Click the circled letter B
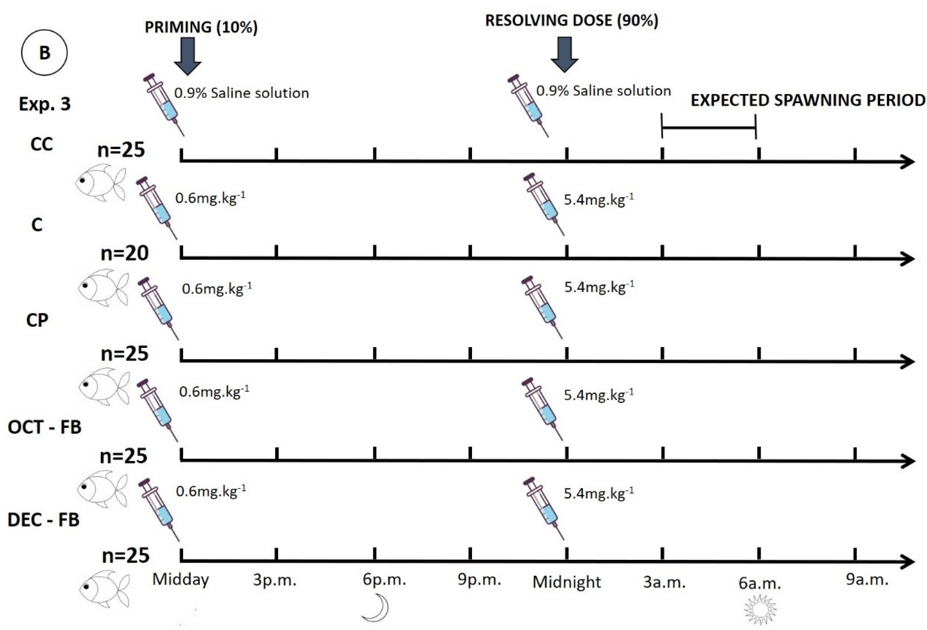tap(44, 52)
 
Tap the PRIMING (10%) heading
tap(201, 27)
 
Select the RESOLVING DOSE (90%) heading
tap(572, 20)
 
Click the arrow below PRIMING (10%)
tap(188, 56)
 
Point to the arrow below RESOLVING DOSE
tap(564, 54)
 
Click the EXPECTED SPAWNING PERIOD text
tap(808, 100)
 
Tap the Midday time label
tap(181, 579)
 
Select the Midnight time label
tap(566, 582)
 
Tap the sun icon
tap(760, 609)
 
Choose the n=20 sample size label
tap(124, 253)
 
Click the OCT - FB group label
tap(44, 427)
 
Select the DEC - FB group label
tap(44, 520)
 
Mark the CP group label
tap(37, 320)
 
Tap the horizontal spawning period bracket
tap(709, 128)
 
